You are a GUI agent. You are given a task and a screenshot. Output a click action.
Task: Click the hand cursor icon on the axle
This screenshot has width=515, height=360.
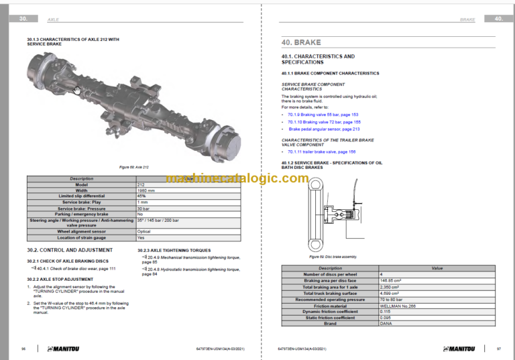(78, 90)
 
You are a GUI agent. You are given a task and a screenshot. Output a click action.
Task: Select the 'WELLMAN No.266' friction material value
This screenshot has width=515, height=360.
(398, 306)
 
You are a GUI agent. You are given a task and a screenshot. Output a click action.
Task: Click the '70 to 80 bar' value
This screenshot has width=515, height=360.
(392, 300)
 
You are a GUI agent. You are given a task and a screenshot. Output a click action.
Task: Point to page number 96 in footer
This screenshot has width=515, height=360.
(23, 349)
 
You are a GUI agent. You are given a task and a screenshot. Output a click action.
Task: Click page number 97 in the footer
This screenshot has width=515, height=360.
(498, 349)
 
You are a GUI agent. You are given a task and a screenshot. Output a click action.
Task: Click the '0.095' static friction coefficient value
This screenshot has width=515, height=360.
(386, 317)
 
